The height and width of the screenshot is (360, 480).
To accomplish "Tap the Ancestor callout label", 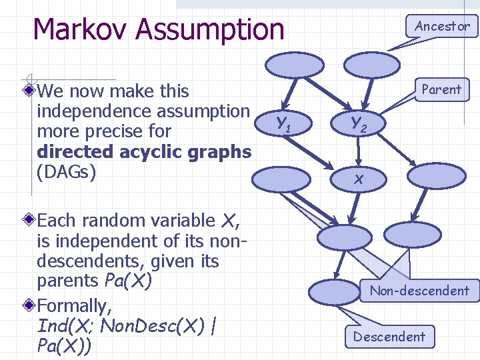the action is pos(442,27).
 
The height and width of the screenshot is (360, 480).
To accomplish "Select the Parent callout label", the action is pos(441,90).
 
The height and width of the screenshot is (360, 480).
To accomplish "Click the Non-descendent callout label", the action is pos(419,291).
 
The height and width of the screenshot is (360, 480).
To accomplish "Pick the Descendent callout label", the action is pos(389,337).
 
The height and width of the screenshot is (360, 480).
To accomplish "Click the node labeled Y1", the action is pos(283,123).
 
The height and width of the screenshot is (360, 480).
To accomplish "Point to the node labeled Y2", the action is pos(359,122).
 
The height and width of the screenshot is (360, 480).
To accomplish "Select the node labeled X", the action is pos(359,178).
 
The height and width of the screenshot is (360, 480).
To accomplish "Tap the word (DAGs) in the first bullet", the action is pos(67,171).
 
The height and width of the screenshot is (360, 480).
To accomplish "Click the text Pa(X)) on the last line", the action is pos(65,347).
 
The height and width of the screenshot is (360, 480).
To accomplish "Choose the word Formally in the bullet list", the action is pos(74,307).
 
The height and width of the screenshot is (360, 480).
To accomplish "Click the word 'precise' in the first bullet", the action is pos(143,131).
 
